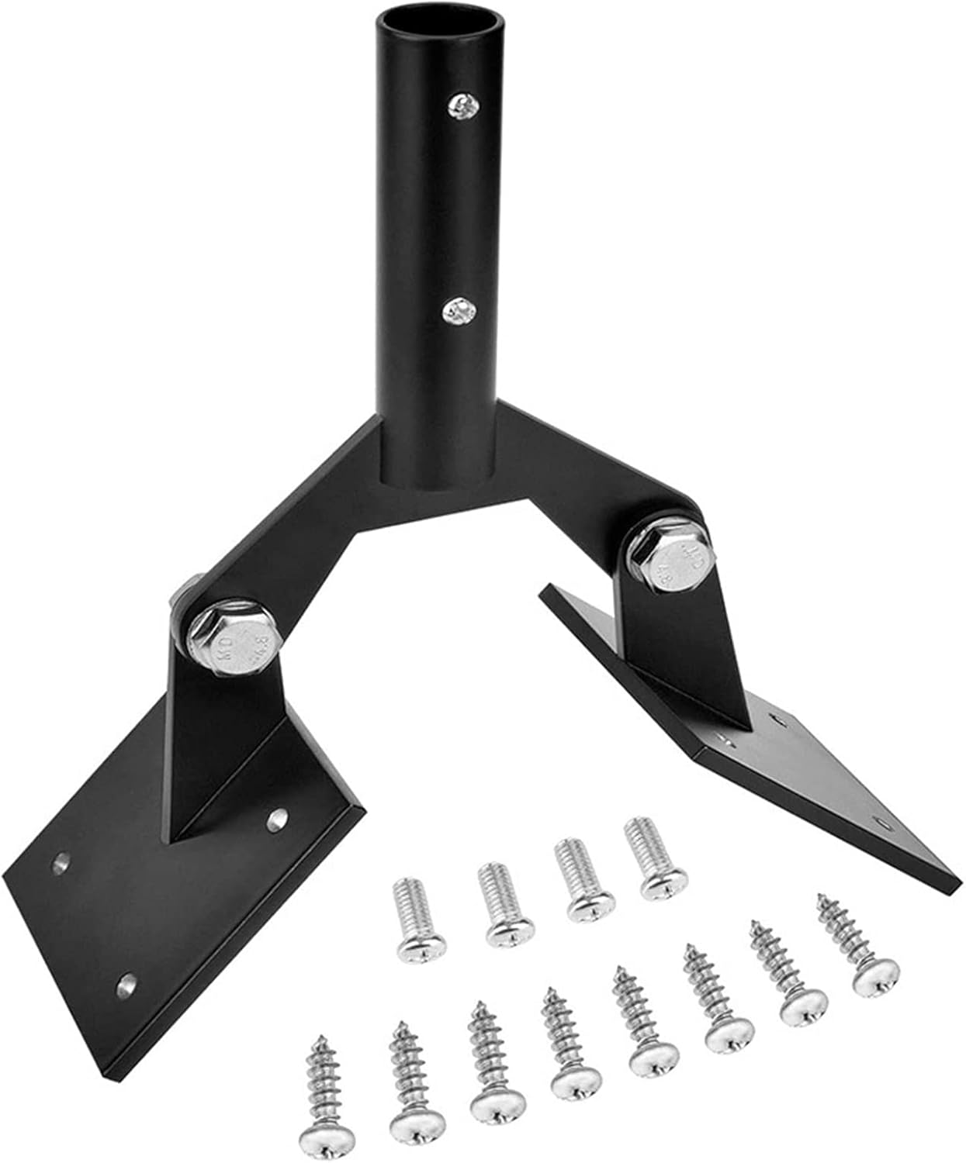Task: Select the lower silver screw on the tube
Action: pos(458,313)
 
